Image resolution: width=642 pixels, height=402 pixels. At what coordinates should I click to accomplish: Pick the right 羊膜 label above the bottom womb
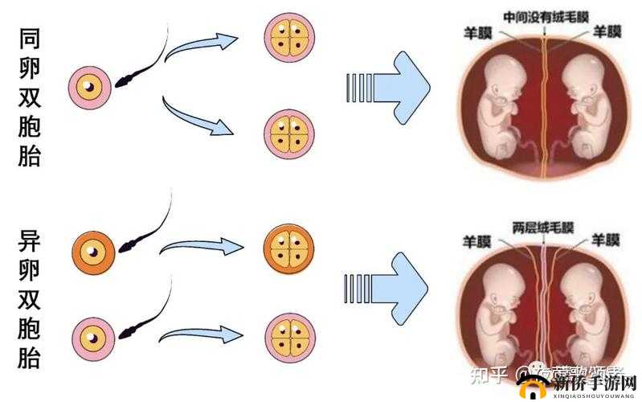point(605,240)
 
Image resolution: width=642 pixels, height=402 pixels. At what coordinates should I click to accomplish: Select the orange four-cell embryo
point(288,251)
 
